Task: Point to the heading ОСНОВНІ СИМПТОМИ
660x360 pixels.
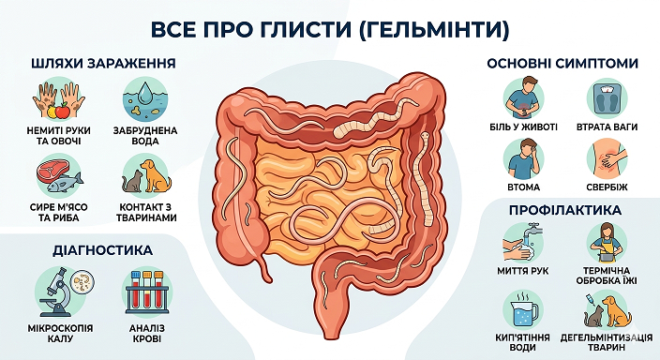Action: click(x=562, y=65)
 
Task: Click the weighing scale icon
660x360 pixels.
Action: click(x=610, y=97)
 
